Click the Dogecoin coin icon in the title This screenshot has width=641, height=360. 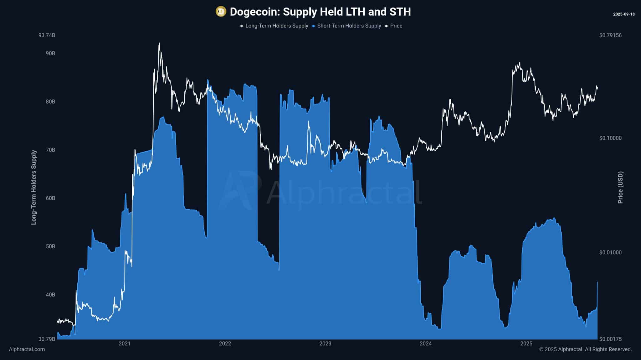[x=221, y=12]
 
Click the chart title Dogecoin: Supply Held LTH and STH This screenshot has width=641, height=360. [x=320, y=12]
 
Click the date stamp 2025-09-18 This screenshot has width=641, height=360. [x=624, y=14]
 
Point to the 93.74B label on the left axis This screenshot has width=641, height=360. [x=47, y=35]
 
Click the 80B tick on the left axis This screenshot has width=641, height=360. [x=50, y=102]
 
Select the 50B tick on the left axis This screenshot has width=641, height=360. [x=50, y=246]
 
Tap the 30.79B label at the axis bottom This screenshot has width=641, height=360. [x=47, y=339]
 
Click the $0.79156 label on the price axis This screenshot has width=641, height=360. [x=610, y=35]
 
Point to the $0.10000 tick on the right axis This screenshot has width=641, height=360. [x=610, y=138]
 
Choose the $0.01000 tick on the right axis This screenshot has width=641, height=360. [x=610, y=252]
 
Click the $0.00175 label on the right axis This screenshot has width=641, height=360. [x=610, y=339]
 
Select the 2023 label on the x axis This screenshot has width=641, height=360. [x=325, y=344]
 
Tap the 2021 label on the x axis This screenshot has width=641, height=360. [x=124, y=344]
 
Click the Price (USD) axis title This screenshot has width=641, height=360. [x=620, y=187]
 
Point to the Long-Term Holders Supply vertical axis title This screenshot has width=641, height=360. [x=34, y=187]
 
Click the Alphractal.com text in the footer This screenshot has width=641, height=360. [x=27, y=349]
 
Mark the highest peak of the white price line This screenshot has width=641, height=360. [x=159, y=43]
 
